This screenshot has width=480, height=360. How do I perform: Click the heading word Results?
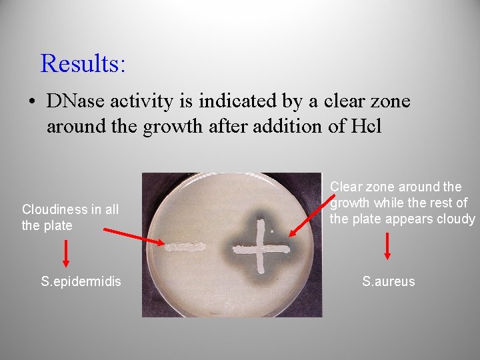(x=83, y=63)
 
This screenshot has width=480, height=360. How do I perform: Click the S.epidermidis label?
(x=81, y=281)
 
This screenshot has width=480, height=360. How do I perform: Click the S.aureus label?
(x=388, y=281)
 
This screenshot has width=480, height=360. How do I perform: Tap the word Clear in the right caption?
(x=345, y=187)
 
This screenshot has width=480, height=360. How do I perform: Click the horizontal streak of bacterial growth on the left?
(x=185, y=247)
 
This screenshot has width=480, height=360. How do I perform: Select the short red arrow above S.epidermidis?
(x=65, y=253)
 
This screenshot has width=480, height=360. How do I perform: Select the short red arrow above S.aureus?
(x=388, y=246)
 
